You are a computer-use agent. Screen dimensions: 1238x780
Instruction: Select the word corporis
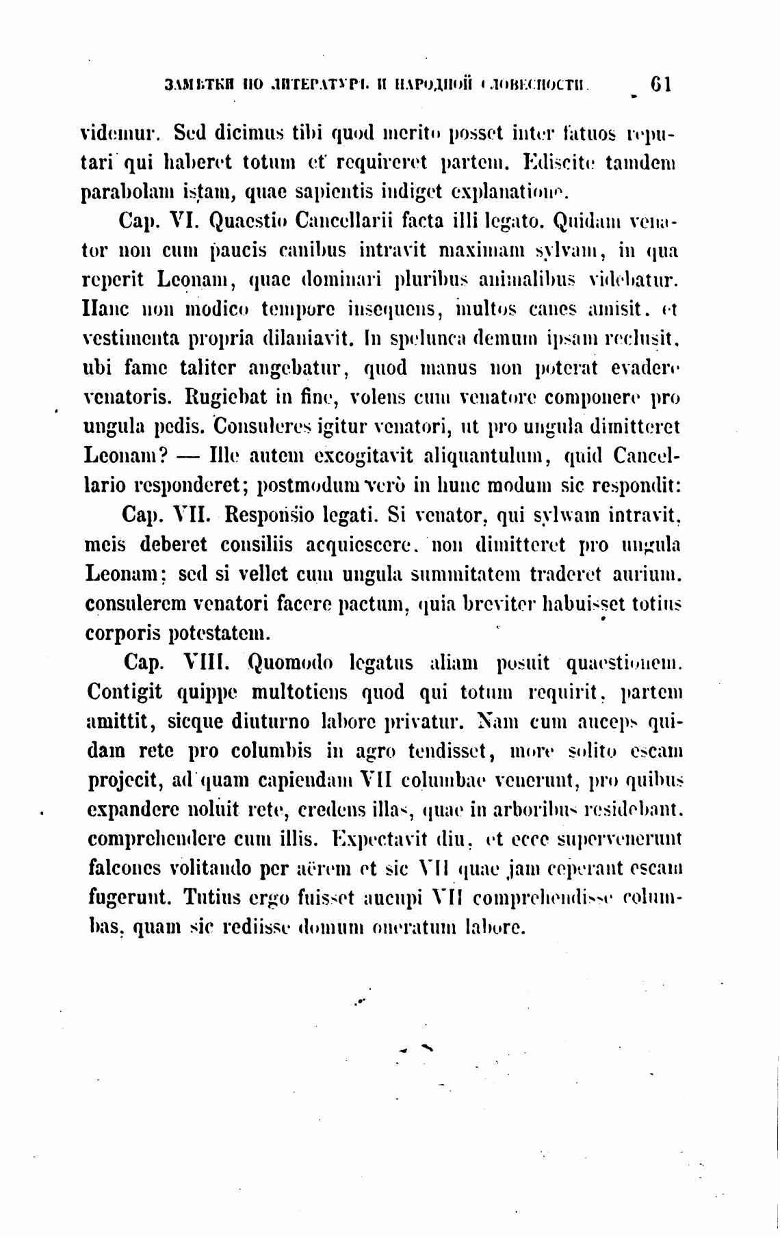[x=124, y=632]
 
